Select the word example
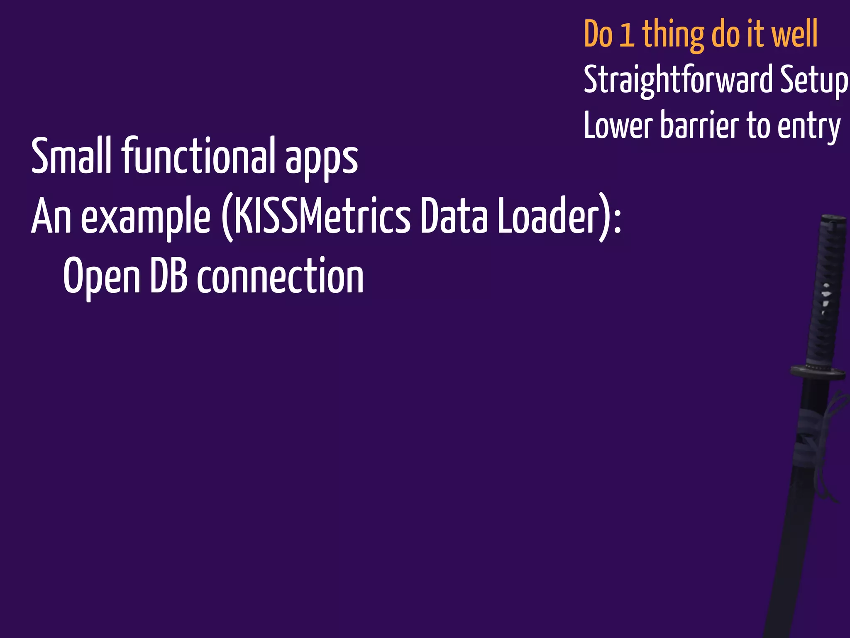tap(145, 218)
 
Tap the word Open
tap(102, 276)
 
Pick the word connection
tap(280, 276)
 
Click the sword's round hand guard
tap(818, 371)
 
